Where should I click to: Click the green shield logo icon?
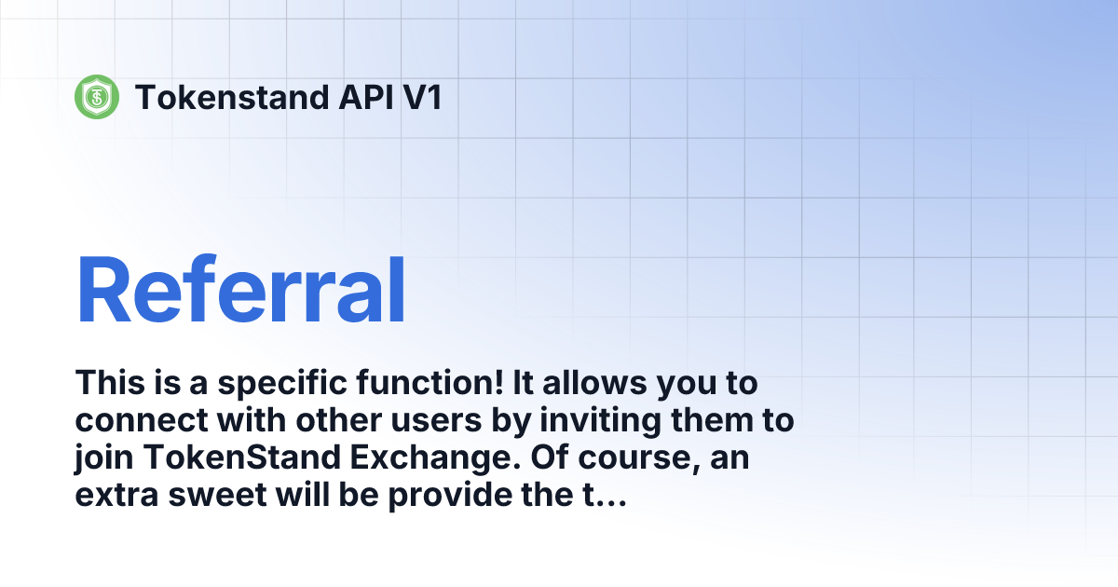(x=97, y=96)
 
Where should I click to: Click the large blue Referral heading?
(x=241, y=290)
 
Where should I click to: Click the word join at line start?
(x=101, y=459)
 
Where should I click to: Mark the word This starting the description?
(x=110, y=383)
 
